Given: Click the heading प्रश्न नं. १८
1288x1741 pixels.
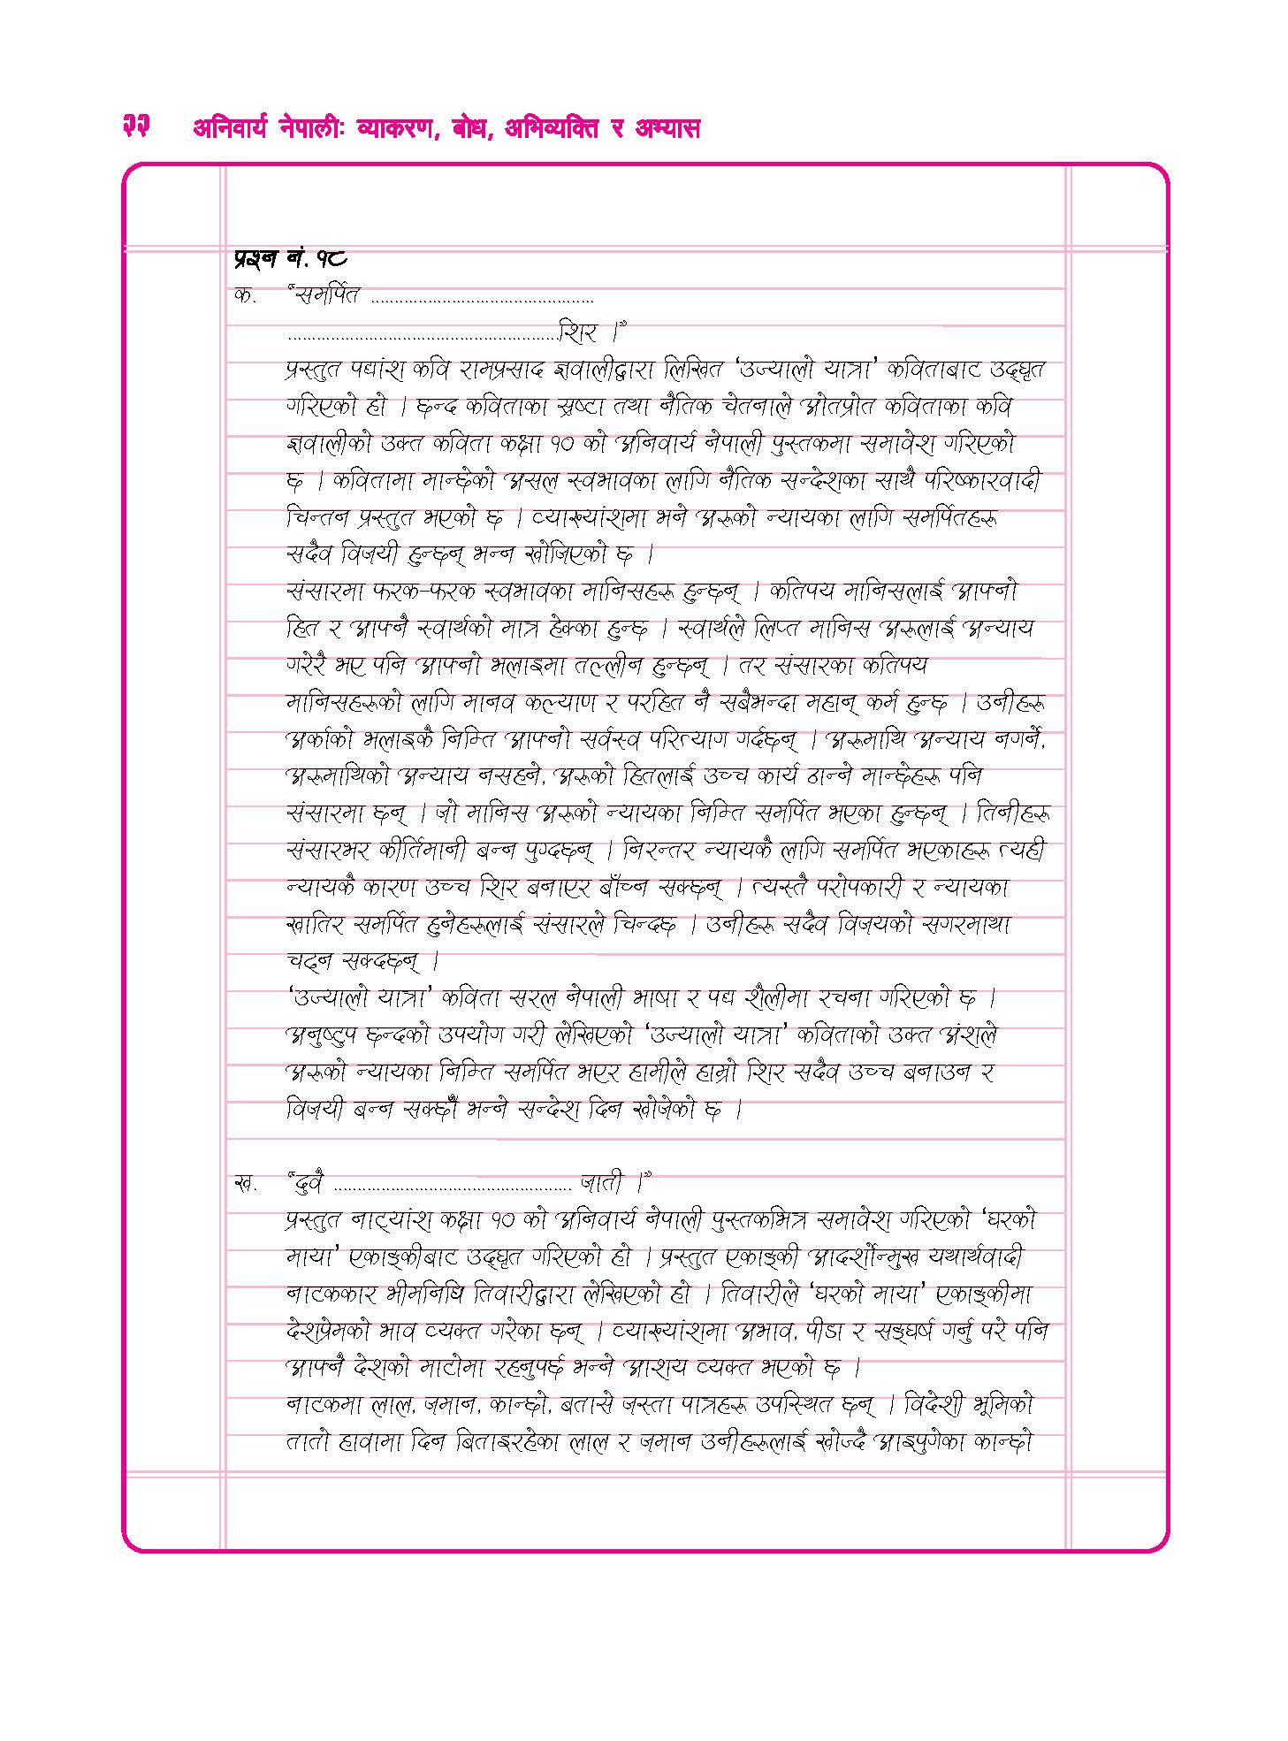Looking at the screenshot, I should click(x=291, y=258).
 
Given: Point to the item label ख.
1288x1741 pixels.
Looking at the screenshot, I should click(x=245, y=1182).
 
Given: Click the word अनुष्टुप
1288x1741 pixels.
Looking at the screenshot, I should click(x=322, y=1036).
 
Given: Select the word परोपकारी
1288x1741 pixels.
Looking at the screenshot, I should click(x=871, y=888).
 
